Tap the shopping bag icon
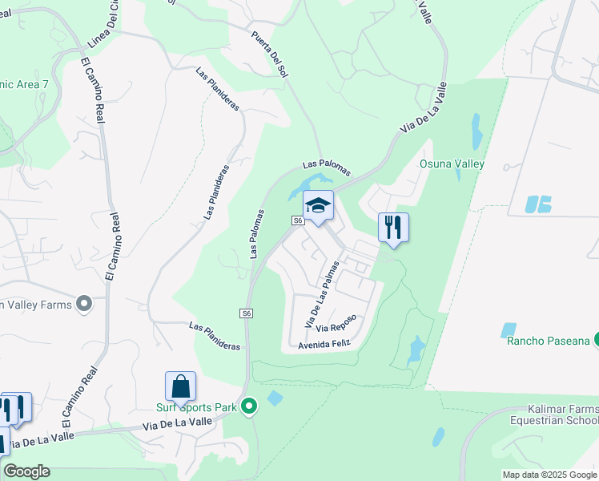180,386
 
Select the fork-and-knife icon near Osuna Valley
393,227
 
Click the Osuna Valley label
452,164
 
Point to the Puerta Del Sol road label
269,54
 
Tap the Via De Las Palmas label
323,293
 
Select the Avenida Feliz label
324,344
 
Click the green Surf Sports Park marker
249,407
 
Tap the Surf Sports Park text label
191,407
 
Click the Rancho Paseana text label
548,341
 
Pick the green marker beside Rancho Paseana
596,341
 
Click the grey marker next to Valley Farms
84,304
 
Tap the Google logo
27,471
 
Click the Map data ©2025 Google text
549,475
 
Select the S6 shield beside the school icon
298,220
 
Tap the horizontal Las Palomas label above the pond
327,167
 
